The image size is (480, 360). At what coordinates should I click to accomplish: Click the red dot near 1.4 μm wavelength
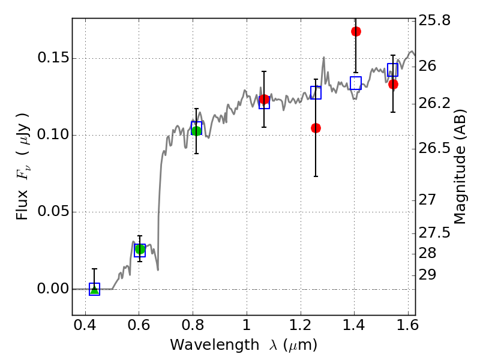356,31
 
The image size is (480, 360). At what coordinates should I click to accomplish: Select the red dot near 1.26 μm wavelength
316,128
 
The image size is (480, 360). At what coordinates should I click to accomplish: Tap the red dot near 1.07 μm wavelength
264,99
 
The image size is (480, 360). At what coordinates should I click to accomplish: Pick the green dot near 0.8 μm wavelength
196,131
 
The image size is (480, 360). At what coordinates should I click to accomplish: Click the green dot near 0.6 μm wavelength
140,249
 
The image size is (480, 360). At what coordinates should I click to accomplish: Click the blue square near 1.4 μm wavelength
356,83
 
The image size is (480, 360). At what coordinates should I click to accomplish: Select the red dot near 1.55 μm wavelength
393,84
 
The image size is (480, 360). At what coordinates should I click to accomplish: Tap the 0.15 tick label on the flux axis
53,59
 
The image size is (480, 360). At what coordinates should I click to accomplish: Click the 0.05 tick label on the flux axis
53,212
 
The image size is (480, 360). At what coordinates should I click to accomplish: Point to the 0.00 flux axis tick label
53,289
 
